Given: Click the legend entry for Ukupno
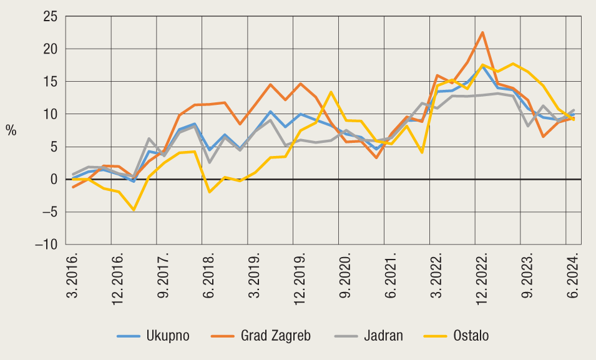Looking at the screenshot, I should [x=153, y=336].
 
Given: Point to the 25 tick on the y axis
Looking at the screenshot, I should [x=49, y=16].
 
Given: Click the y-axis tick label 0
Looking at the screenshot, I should [x=54, y=180].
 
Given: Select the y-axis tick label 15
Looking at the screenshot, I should [x=49, y=82].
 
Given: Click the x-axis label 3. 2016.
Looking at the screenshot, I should [x=74, y=275].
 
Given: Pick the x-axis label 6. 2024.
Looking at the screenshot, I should [x=575, y=275].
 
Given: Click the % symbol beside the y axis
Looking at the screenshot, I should [x=11, y=130].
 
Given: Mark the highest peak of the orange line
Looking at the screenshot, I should [x=482, y=32].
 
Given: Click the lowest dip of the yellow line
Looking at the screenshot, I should [x=134, y=210].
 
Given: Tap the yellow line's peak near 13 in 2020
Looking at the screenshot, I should [x=331, y=92].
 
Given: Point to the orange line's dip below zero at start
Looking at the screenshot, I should [x=74, y=187].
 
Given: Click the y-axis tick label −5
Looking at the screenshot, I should [x=49, y=212].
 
